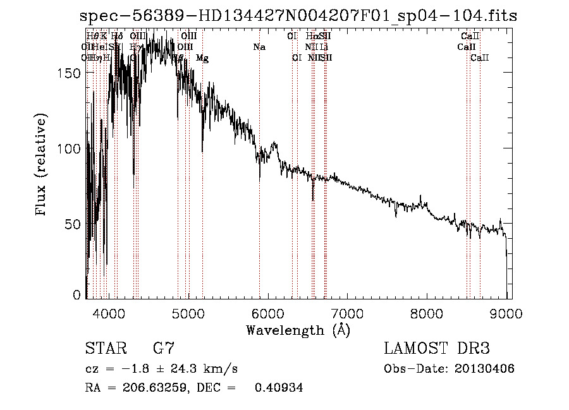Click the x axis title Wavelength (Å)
click(x=298, y=330)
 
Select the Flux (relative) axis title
click(x=42, y=166)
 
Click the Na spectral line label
click(x=259, y=47)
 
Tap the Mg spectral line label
click(x=202, y=58)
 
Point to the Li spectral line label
click(x=324, y=47)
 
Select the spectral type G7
click(x=164, y=349)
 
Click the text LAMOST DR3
click(x=437, y=349)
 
